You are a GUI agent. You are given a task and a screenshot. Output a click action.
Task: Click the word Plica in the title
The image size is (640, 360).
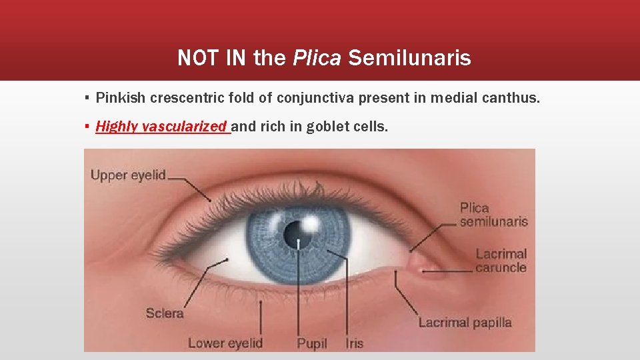click(317, 59)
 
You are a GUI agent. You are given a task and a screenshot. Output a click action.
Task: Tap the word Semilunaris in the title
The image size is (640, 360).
click(409, 59)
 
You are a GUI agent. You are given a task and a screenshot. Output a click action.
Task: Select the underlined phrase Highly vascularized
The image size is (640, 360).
click(162, 126)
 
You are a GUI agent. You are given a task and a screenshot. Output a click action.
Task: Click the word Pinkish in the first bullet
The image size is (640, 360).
click(121, 99)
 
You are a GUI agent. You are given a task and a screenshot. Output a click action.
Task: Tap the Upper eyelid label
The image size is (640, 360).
click(128, 176)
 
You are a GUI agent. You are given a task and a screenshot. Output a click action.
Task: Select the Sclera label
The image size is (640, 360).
click(165, 313)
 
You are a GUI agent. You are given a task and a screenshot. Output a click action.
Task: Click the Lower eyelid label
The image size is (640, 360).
click(225, 343)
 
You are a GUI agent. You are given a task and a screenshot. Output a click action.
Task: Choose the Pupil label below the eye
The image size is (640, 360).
click(312, 343)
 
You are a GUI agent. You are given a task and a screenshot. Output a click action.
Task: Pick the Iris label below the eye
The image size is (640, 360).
click(355, 343)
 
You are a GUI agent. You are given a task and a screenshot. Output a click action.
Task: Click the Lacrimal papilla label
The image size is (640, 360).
click(465, 323)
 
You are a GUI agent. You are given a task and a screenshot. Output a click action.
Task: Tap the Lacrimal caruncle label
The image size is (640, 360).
click(501, 261)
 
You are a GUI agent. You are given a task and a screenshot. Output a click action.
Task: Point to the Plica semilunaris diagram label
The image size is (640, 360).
click(493, 215)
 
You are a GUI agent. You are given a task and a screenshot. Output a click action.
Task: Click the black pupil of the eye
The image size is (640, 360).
click(294, 233)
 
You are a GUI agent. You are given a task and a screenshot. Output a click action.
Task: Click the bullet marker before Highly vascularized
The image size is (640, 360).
click(87, 127)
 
